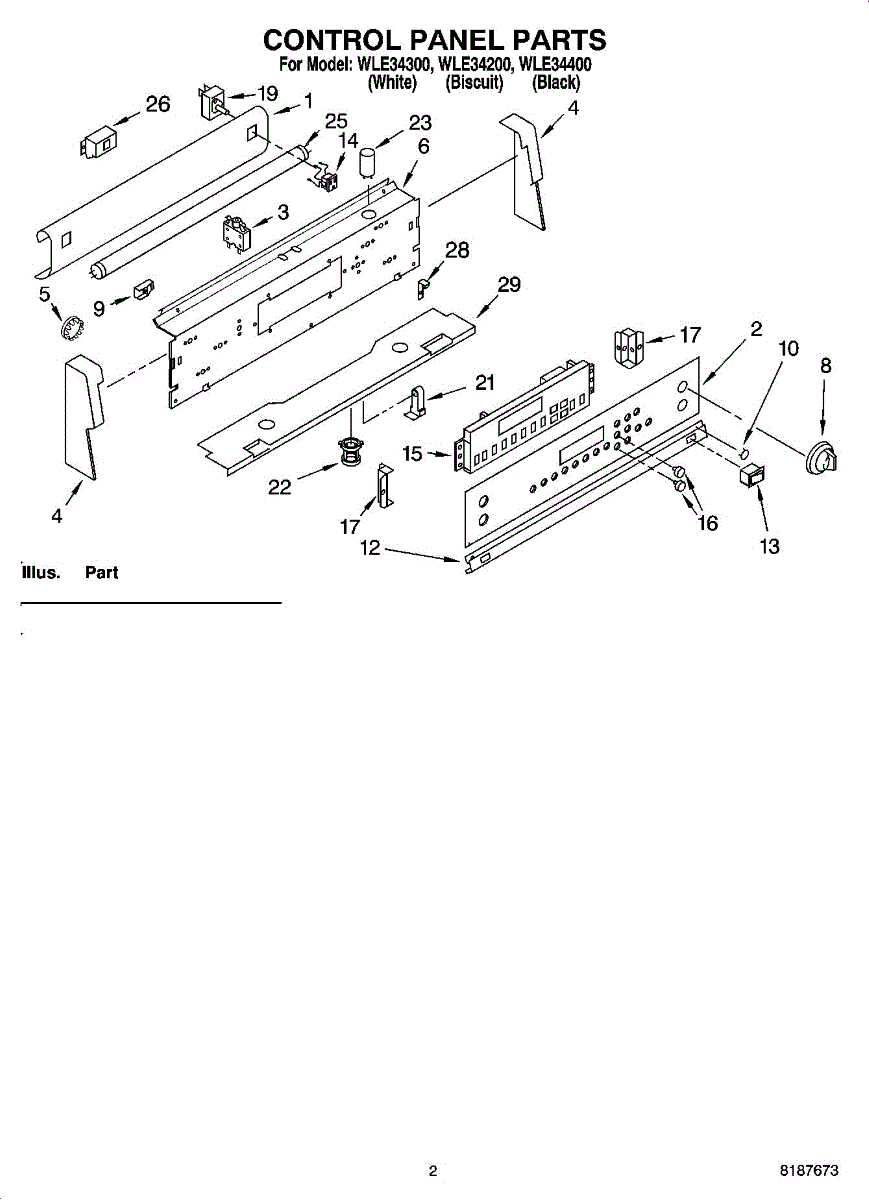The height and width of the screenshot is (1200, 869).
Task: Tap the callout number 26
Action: pyautogui.click(x=158, y=104)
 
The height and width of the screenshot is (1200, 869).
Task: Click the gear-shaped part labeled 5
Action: pyautogui.click(x=70, y=328)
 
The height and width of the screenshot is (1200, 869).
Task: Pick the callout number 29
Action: pyautogui.click(x=509, y=285)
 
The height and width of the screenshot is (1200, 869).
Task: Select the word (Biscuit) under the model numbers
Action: pyautogui.click(x=474, y=83)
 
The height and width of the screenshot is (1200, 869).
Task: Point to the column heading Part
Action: pyautogui.click(x=102, y=573)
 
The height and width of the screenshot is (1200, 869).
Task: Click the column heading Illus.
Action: pyautogui.click(x=41, y=573)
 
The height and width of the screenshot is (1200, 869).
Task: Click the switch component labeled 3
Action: pyautogui.click(x=235, y=231)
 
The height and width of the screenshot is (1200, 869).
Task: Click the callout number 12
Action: pyautogui.click(x=371, y=548)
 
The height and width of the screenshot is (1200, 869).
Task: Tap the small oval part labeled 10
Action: pyautogui.click(x=744, y=454)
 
